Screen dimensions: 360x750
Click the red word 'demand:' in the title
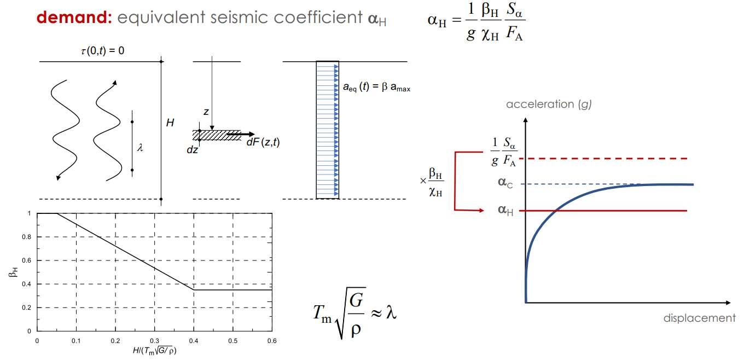[x=74, y=18]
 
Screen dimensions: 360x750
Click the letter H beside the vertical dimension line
[x=170, y=123]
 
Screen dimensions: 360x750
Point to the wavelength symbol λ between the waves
[x=141, y=147]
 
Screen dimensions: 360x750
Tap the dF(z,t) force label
[x=263, y=143]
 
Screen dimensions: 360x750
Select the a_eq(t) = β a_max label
[x=376, y=86]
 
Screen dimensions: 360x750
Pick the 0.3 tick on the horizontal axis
[x=155, y=341]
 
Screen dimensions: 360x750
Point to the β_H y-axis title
[x=13, y=272]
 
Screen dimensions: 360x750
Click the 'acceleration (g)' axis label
[x=549, y=104]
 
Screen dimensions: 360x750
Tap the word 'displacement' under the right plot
[x=699, y=318]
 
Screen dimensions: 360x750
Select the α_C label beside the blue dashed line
[x=504, y=182]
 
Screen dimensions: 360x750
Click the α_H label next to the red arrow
[x=505, y=210]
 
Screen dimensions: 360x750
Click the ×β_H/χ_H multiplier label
[x=432, y=180]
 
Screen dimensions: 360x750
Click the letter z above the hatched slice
[x=206, y=111]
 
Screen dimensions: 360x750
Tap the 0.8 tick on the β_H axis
[x=27, y=237]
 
